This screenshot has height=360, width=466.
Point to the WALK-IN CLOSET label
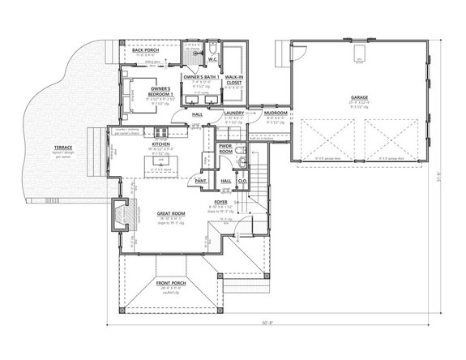click(236, 78)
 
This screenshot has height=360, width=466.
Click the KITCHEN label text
click(159, 145)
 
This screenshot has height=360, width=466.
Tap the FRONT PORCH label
click(171, 284)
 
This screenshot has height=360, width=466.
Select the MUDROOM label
click(277, 114)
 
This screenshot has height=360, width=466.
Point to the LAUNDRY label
click(234, 114)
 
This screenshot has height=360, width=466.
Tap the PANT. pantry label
click(200, 181)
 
